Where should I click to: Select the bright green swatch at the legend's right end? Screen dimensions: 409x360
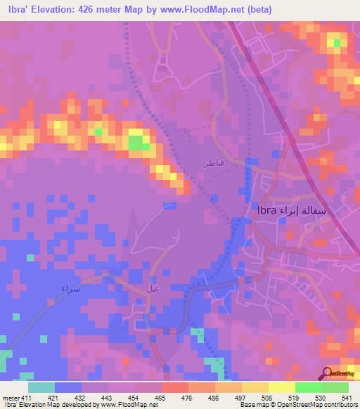pos(335,387)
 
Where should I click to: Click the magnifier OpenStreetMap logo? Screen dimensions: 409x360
pos(328,373)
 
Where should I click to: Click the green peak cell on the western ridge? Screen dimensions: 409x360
pos(139,143)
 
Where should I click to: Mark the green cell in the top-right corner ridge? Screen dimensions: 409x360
pos(337,44)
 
